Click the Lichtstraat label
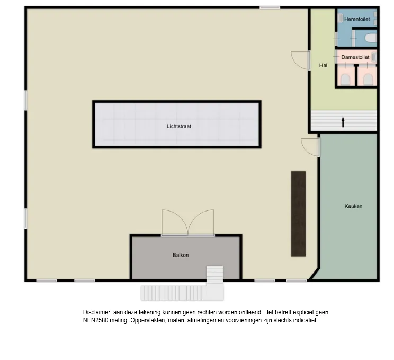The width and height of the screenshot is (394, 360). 179,126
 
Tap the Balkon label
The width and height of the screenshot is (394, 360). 181,255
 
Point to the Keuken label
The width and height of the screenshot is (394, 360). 353,206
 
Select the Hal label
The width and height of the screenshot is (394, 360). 323,65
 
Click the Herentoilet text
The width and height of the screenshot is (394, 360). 357,19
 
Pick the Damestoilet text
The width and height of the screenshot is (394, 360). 355,57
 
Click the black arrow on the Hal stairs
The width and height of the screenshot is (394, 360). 343,122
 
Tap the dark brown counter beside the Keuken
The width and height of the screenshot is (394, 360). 298,214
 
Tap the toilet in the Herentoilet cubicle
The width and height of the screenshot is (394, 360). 371,39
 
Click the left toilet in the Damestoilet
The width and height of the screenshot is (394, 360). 345,79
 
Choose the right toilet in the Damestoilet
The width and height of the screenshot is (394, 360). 368,79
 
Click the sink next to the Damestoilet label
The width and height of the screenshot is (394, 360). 374,57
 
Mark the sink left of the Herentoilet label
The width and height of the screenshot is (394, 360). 340,18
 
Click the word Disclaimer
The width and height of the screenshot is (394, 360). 97,312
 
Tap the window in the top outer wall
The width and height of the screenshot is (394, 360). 270,8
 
